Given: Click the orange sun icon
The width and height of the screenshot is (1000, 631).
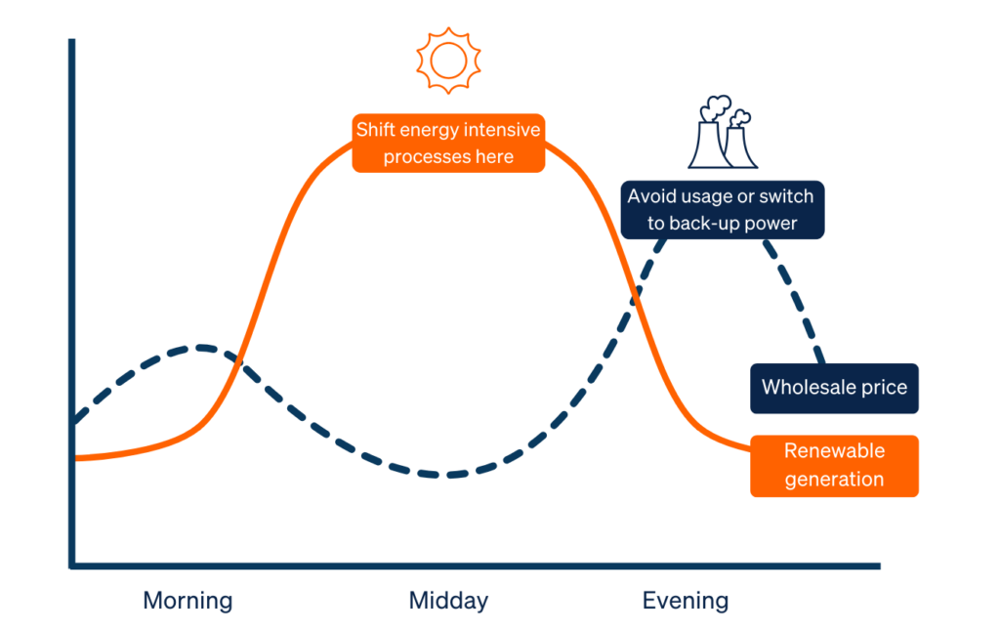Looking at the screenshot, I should [448, 61].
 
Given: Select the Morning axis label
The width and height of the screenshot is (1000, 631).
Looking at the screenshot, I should [187, 600].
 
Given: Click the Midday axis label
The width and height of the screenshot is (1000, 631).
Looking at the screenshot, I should [448, 600].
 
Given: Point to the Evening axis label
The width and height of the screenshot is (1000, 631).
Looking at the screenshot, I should [685, 600].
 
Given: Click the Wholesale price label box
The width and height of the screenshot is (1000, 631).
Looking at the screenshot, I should [834, 388].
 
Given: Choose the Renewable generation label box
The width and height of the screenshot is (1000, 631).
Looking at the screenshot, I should [834, 465].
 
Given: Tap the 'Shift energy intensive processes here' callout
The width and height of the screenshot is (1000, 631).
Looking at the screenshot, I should [448, 143].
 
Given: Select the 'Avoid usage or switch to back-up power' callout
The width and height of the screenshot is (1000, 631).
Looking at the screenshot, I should [722, 209].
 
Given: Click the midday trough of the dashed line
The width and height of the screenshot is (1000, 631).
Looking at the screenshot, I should [448, 476].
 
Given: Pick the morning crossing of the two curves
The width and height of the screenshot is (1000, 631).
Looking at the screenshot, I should [237, 358].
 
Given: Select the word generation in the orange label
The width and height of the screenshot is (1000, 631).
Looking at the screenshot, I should [834, 479].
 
